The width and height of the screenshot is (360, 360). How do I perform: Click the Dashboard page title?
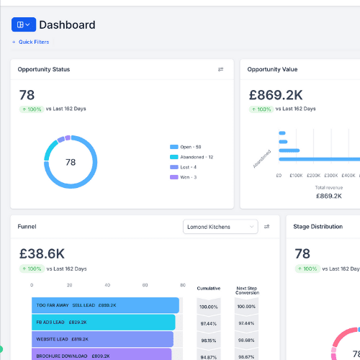click(x=67, y=25)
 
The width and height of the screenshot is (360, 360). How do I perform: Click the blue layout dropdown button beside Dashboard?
click(x=23, y=24)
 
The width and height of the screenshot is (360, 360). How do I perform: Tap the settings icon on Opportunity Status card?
click(x=220, y=70)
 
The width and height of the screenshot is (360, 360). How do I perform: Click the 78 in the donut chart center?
click(x=71, y=162)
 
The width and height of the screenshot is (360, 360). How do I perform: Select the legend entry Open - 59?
click(x=190, y=146)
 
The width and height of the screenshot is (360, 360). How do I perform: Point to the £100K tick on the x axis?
click(x=296, y=176)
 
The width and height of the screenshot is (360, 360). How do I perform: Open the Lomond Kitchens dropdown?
click(x=220, y=227)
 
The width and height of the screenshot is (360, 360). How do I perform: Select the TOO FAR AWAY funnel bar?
click(x=105, y=305)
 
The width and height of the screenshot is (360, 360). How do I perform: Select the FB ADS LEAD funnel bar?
click(x=103, y=323)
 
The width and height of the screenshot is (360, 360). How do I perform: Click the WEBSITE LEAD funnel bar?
click(x=102, y=339)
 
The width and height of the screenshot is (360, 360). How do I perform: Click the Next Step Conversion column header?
click(x=247, y=290)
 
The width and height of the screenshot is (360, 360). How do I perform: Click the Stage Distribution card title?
click(x=318, y=227)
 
